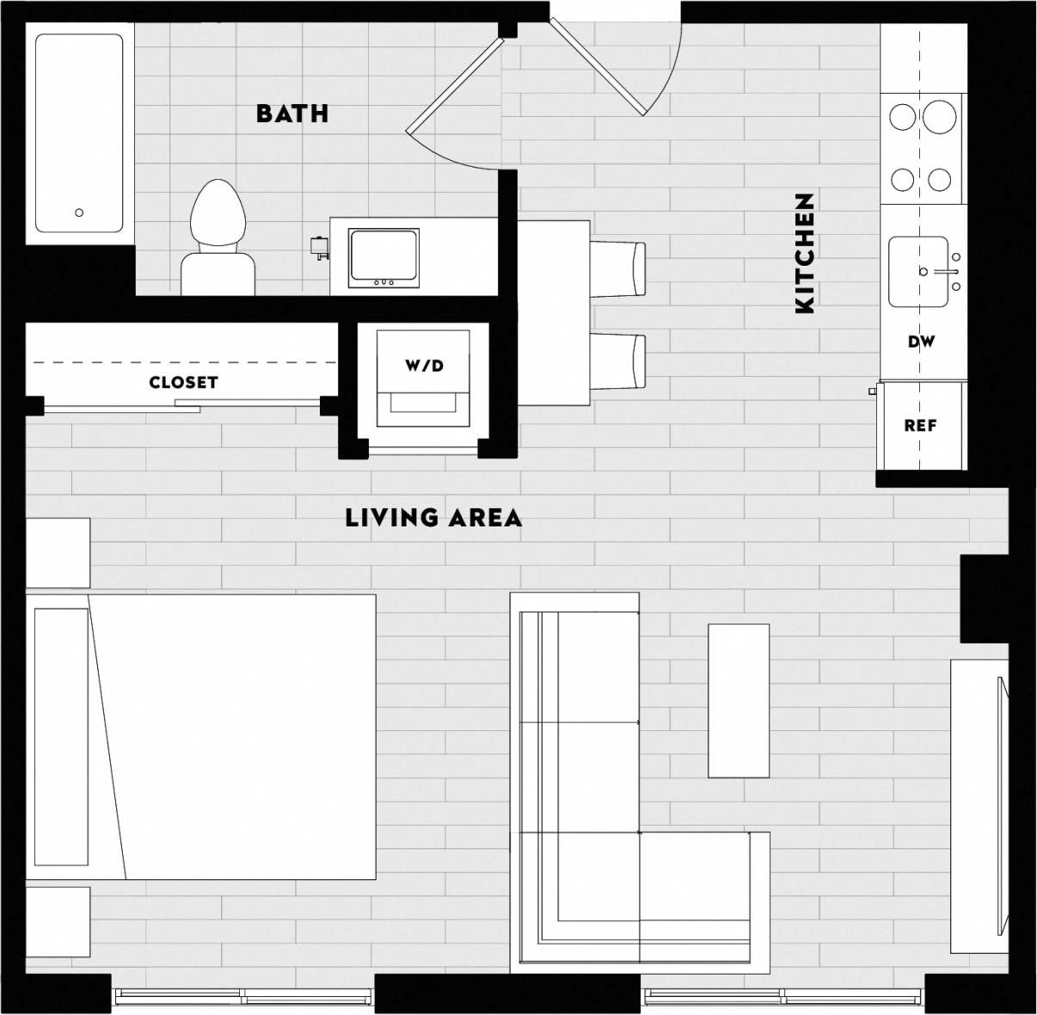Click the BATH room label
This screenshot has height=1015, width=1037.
[x=292, y=114]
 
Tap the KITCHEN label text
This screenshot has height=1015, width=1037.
[x=804, y=253]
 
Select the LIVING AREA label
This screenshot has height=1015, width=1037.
[x=433, y=518]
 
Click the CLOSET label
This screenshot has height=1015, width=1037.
[x=183, y=382]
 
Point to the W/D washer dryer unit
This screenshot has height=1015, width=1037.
[x=424, y=378]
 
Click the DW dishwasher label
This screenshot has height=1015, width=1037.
[x=921, y=342]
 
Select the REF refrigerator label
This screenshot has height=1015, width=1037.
[x=920, y=426]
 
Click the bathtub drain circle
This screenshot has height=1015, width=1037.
[x=79, y=212]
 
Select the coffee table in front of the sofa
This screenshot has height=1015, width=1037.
[x=738, y=700]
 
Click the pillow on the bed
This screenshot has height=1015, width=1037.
[x=61, y=736]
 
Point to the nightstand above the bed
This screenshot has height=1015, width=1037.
[x=58, y=552]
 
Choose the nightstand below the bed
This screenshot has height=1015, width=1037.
[x=58, y=921]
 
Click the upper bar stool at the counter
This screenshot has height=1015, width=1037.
[x=617, y=269]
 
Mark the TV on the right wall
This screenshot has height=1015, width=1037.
[x=1001, y=806]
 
